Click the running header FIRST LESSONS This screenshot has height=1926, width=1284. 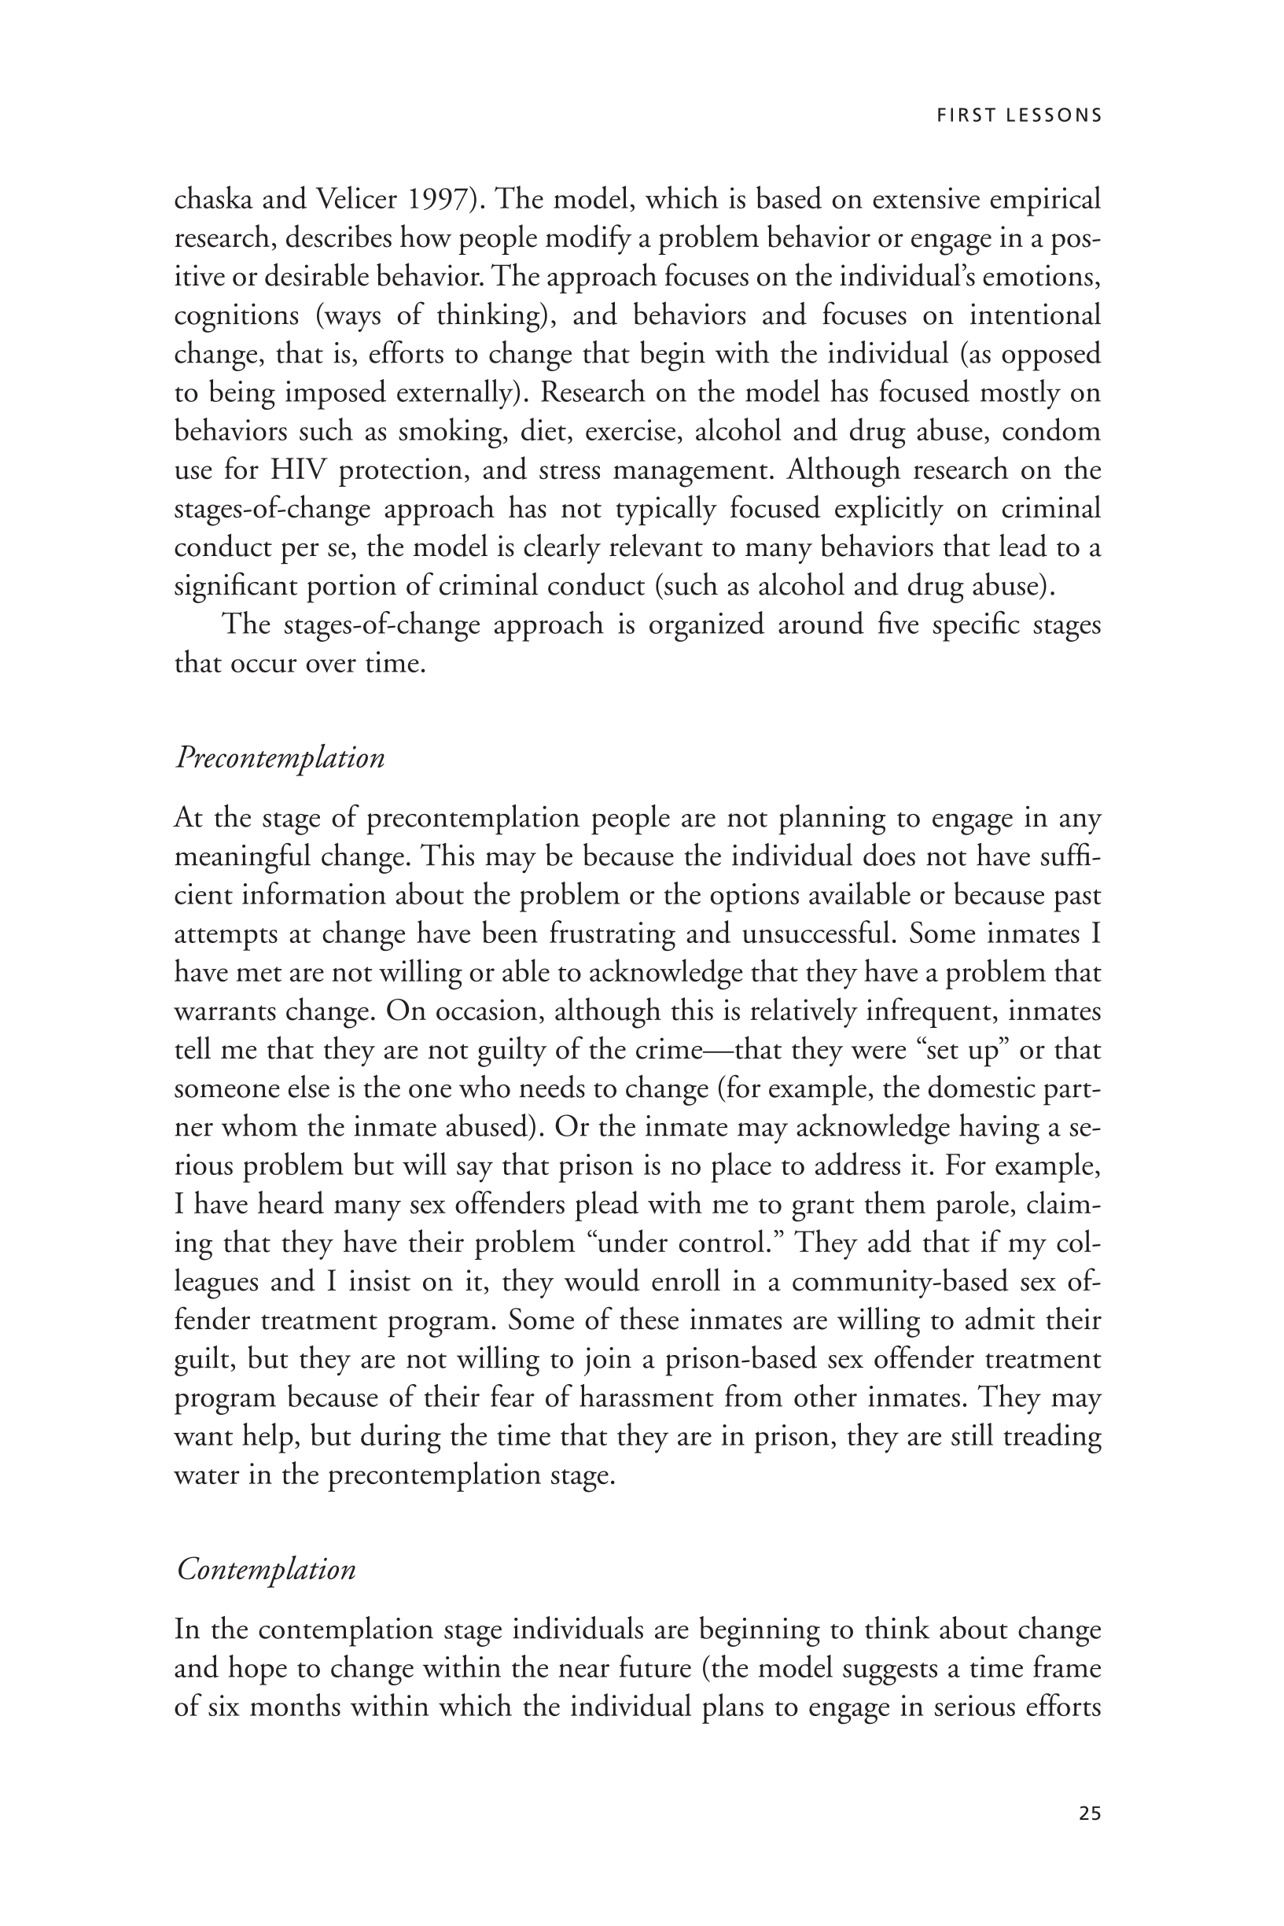point(1019,116)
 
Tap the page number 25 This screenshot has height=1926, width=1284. point(1089,1813)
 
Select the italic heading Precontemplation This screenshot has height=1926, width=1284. point(280,757)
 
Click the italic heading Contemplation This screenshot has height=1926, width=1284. point(266,1569)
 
